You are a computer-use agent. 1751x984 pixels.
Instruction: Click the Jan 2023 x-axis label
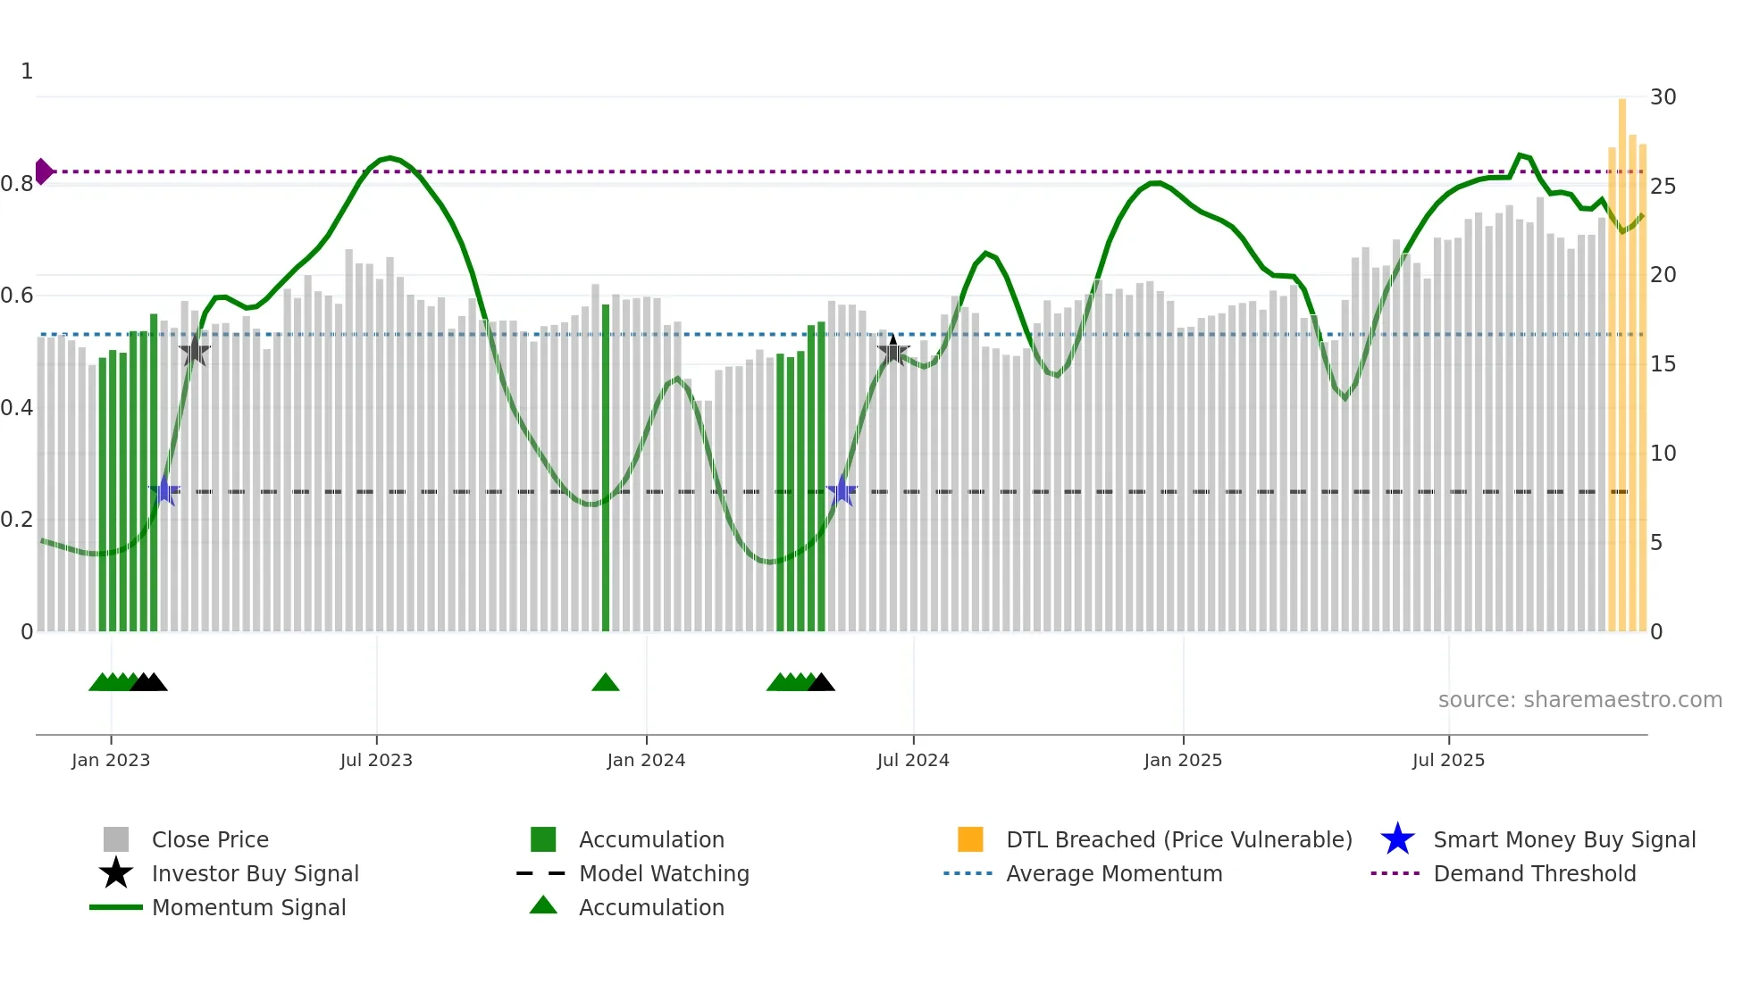[111, 760]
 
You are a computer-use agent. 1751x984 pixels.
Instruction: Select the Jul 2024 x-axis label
[913, 760]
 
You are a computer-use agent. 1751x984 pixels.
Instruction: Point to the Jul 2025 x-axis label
[1448, 760]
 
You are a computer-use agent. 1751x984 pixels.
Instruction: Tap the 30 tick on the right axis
[1663, 96]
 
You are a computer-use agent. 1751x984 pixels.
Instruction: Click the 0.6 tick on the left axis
[17, 295]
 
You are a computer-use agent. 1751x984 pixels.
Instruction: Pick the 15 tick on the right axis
[1663, 363]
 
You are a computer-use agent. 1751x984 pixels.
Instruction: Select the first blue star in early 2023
[164, 491]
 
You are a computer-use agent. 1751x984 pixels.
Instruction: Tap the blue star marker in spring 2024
[842, 491]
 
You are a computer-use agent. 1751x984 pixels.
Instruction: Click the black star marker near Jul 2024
[892, 351]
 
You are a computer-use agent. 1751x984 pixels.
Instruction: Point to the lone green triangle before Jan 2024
[606, 683]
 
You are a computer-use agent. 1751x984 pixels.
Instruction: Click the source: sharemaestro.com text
[1579, 699]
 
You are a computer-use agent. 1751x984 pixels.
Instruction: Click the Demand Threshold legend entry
[1534, 873]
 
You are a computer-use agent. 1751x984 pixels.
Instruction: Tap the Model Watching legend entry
[663, 873]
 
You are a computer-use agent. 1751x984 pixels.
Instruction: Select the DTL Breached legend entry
[1178, 839]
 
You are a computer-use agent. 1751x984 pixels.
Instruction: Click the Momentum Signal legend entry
[248, 907]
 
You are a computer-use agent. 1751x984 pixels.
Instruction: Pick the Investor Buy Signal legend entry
[255, 873]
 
